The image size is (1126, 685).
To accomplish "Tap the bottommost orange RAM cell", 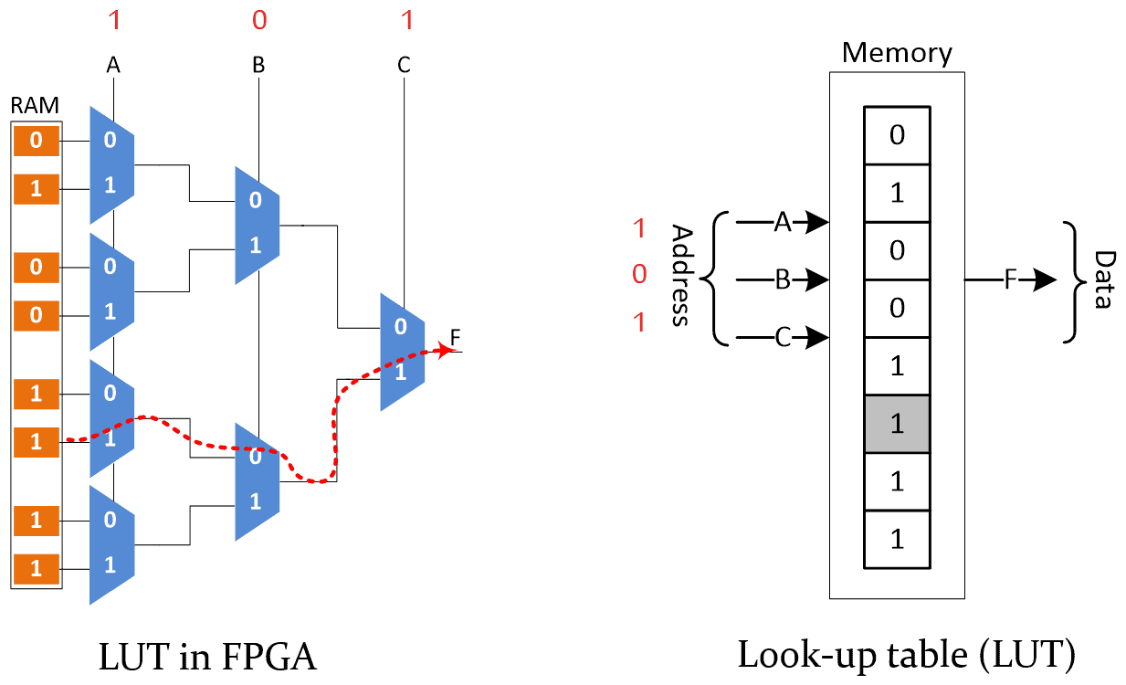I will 36,568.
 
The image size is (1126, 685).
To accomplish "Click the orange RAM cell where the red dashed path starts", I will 36,442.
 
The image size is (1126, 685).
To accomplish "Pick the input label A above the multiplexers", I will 113,65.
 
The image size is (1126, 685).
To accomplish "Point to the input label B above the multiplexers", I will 258,65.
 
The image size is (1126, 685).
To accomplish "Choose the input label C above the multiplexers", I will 404,65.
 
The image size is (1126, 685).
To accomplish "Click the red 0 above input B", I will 258,18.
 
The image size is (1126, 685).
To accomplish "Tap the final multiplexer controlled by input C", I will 402,351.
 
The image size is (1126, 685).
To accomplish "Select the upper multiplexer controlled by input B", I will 257,224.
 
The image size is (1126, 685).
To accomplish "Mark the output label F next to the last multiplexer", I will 456,335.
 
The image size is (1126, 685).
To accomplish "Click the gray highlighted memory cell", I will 897,424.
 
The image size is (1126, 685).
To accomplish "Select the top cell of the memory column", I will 897,136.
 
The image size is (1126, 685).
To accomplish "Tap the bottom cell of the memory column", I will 897,539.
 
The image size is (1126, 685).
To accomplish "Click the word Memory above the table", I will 896,52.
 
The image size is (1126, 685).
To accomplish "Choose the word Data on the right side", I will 1103,279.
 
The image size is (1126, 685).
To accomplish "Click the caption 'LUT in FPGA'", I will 208,657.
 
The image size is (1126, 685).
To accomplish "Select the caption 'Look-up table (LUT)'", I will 907,655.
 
